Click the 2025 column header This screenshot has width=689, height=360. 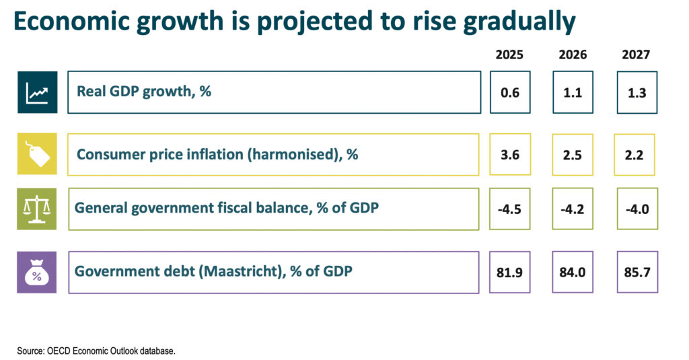pyautogui.click(x=510, y=55)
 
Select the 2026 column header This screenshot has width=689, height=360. pyautogui.click(x=573, y=55)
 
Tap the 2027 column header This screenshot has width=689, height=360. pyautogui.click(x=637, y=55)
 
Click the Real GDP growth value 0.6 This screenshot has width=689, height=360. pyautogui.click(x=510, y=93)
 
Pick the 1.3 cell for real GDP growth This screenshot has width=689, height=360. pyautogui.click(x=637, y=93)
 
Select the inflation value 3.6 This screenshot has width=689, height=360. pyautogui.click(x=510, y=155)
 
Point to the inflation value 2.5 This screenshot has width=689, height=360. pyautogui.click(x=573, y=155)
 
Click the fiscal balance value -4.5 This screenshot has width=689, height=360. pyautogui.click(x=510, y=209)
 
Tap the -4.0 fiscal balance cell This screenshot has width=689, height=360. pyautogui.click(x=637, y=209)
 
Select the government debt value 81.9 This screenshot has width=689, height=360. pyautogui.click(x=510, y=272)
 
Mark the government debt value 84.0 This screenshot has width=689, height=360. pyautogui.click(x=573, y=272)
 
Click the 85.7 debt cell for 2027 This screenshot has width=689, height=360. pyautogui.click(x=637, y=272)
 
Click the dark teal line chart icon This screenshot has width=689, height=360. pyautogui.click(x=37, y=92)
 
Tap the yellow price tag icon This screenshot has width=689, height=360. pyautogui.click(x=37, y=154)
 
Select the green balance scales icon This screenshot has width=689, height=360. pyautogui.click(x=37, y=209)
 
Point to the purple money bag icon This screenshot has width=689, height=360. pyautogui.click(x=37, y=272)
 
